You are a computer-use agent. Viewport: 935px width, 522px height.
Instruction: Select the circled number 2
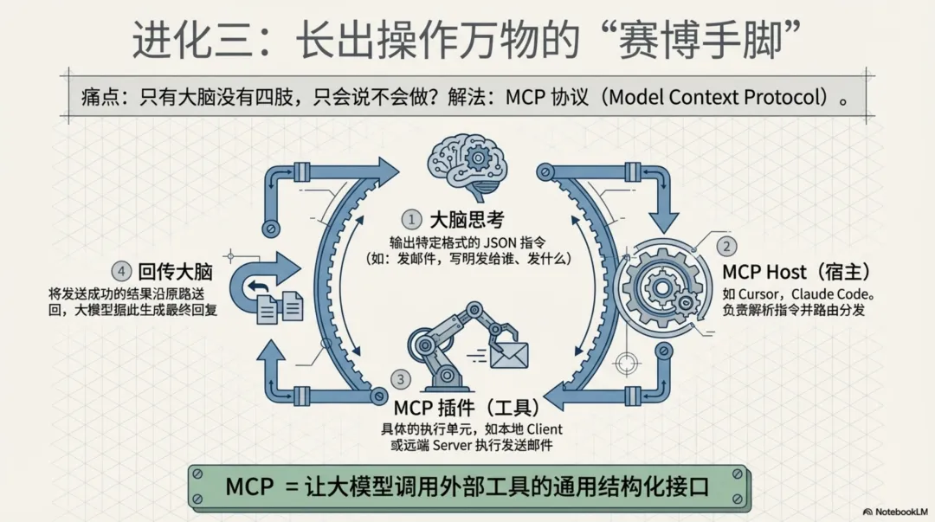tap(727, 247)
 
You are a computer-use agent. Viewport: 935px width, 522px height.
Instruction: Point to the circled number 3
tap(400, 378)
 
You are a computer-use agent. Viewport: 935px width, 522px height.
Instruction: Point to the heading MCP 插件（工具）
tap(467, 407)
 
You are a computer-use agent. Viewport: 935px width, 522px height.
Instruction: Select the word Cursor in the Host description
tap(762, 293)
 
